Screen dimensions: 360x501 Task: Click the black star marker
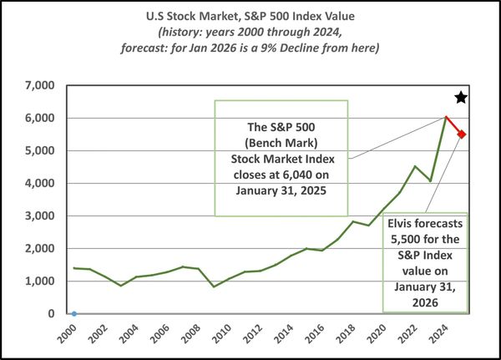coord(461,98)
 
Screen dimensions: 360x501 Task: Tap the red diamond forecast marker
coord(462,134)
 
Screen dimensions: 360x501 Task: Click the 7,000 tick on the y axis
coord(39,85)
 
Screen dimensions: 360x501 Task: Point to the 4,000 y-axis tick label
coord(39,183)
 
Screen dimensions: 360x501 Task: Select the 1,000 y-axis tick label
coord(39,281)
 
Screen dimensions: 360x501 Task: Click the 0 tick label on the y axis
coord(51,314)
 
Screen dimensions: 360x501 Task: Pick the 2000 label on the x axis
coord(73,331)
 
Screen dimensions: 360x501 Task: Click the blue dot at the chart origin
coord(73,314)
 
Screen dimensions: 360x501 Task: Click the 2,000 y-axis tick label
coord(39,248)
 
